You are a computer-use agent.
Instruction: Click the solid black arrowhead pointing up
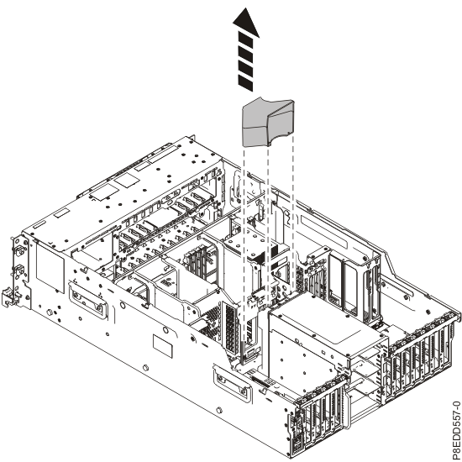click(246, 24)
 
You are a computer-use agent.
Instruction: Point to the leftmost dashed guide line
click(244, 254)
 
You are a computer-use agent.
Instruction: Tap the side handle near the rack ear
click(87, 300)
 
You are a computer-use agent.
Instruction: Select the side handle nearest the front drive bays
click(233, 383)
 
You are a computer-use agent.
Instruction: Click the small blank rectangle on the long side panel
click(162, 346)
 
